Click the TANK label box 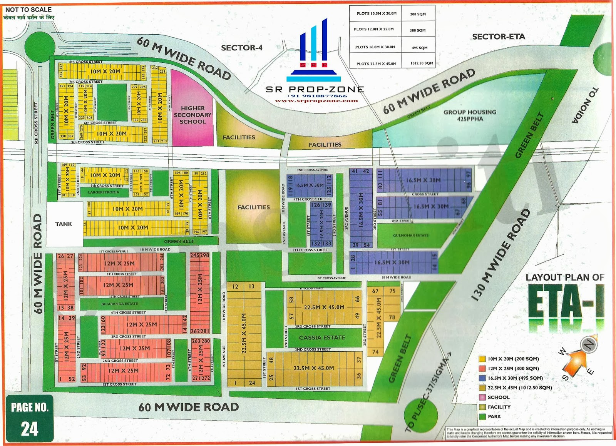pos(64,224)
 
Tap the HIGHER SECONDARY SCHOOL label pos(192,115)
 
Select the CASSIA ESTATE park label pos(322,337)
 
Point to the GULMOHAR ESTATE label pos(410,236)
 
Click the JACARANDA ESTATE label pos(119,304)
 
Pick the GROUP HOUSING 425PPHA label pos(470,115)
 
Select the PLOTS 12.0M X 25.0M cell pos(373,29)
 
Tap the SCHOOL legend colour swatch pos(482,397)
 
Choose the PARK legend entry pos(494,416)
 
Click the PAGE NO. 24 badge pos(30,418)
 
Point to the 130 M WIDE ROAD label pos(500,255)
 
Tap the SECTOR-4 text pos(241,48)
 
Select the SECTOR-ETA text pos(498,37)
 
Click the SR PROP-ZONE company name pos(315,89)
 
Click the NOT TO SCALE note pos(28,9)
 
